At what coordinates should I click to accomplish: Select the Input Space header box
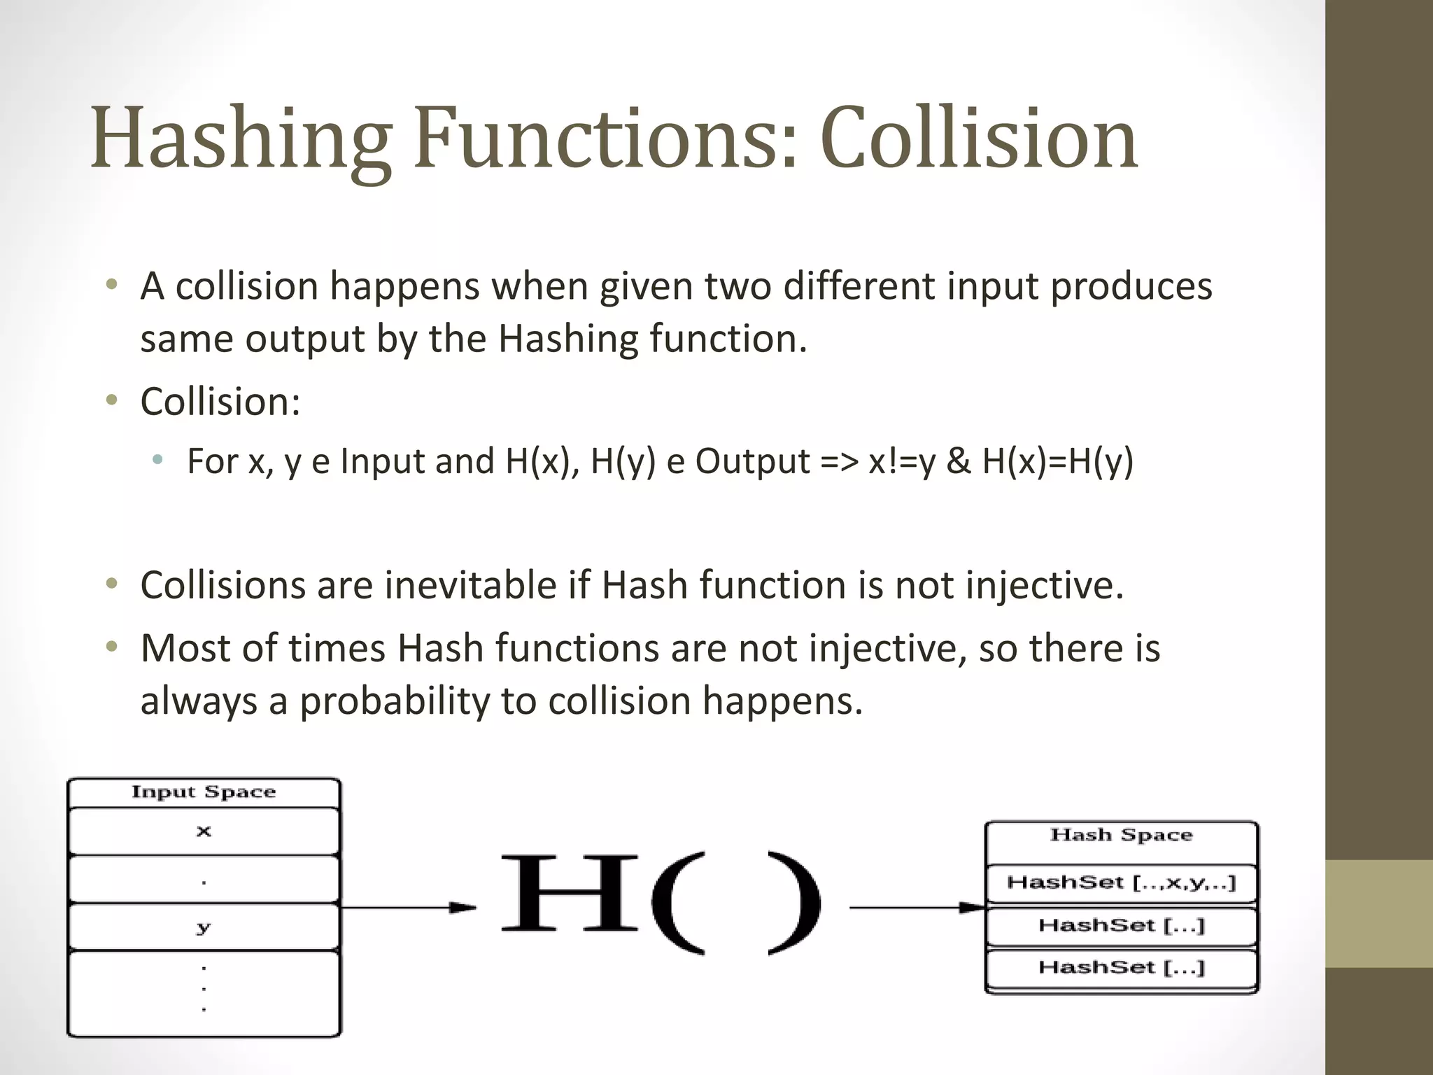pos(204,792)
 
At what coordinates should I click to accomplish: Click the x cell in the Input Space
pos(204,831)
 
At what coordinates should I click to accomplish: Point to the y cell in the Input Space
pos(204,927)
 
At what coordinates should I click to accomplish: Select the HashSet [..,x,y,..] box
pos(1121,883)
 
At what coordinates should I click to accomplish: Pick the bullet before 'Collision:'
pos(111,401)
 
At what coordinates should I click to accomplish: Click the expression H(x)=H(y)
pos(1057,461)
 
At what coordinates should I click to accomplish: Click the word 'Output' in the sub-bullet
pos(752,461)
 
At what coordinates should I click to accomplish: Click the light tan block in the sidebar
pos(1379,913)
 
